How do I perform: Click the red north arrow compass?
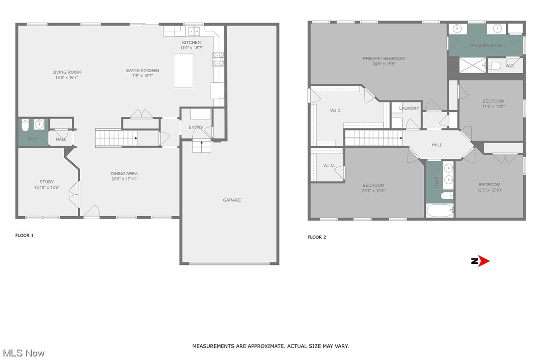point(481,261)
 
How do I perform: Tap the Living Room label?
point(67,72)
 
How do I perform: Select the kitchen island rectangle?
point(183,70)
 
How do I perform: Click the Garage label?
point(232,200)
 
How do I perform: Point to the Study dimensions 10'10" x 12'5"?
point(47,187)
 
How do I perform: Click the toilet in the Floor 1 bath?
point(25,124)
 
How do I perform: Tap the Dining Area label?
point(124,174)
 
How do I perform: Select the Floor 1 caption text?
point(24,236)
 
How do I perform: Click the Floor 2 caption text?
point(317,238)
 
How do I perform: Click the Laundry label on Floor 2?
point(409,109)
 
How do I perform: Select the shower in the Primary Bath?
point(472,65)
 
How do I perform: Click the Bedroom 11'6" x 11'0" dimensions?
point(493,106)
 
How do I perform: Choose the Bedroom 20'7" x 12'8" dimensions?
point(373,190)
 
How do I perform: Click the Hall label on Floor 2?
point(437,145)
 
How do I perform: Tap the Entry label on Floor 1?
point(196,127)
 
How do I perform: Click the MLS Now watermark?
point(23,353)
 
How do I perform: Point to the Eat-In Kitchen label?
point(142,71)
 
